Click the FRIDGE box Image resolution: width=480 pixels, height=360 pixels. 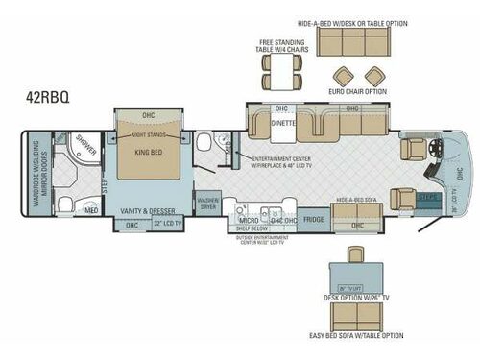point(313,220)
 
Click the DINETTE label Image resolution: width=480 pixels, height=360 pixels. point(282,123)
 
